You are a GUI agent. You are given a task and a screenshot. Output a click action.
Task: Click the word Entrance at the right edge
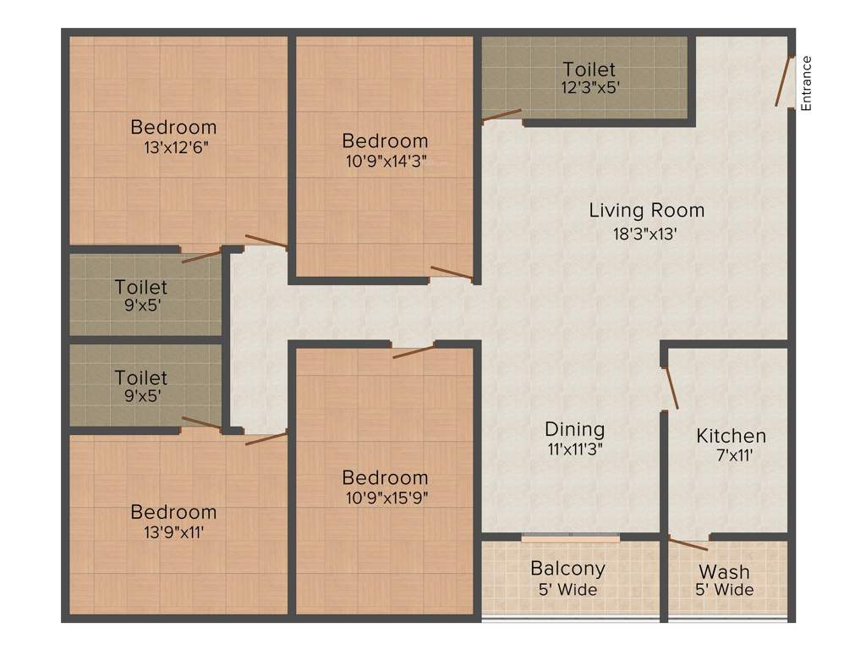point(806,83)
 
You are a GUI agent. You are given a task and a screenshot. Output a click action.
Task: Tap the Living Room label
point(646,210)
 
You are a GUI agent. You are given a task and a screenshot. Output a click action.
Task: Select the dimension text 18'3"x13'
point(646,234)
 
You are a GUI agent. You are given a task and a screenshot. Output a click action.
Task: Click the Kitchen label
point(731,436)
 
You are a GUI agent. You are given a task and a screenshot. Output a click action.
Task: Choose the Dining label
point(574,429)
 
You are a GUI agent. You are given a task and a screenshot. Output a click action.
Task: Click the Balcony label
point(567,568)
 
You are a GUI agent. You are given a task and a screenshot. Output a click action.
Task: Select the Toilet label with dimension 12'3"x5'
point(589,69)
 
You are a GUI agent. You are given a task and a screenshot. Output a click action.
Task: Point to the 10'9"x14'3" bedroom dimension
point(385,162)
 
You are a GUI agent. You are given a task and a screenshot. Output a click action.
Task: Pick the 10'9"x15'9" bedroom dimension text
point(385,498)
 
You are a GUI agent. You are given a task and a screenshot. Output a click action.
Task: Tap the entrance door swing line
point(784,81)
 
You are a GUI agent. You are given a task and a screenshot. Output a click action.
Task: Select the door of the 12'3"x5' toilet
point(502,116)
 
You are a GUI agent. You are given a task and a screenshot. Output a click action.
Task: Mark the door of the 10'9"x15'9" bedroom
point(414,351)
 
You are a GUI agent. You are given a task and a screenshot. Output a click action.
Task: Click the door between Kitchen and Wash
point(688,543)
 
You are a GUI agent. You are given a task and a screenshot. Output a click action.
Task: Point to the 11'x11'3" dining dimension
point(574,449)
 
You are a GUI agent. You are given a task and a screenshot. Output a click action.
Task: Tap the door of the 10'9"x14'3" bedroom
point(451,273)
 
